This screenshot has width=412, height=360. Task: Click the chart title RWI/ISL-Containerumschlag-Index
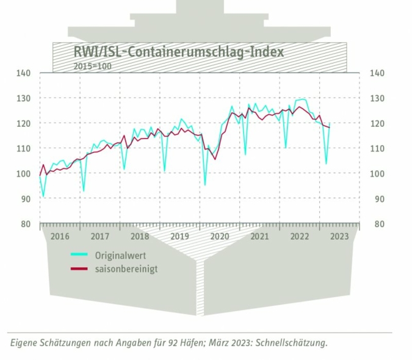tap(178, 51)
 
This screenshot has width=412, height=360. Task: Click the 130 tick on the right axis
tap(377, 98)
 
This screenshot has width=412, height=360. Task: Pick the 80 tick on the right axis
tap(377, 224)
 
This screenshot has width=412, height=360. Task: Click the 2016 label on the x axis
tap(60, 237)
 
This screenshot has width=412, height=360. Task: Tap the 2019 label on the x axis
tap(179, 237)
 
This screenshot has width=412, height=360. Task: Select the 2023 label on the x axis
tap(339, 237)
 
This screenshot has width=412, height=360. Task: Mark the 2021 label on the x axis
tap(259, 237)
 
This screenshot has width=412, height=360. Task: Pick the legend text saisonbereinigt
tap(126, 268)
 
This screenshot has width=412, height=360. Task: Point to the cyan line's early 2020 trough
tap(205, 184)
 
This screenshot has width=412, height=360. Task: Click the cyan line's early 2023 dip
tap(326, 164)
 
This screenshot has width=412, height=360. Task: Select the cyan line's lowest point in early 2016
tap(43, 196)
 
